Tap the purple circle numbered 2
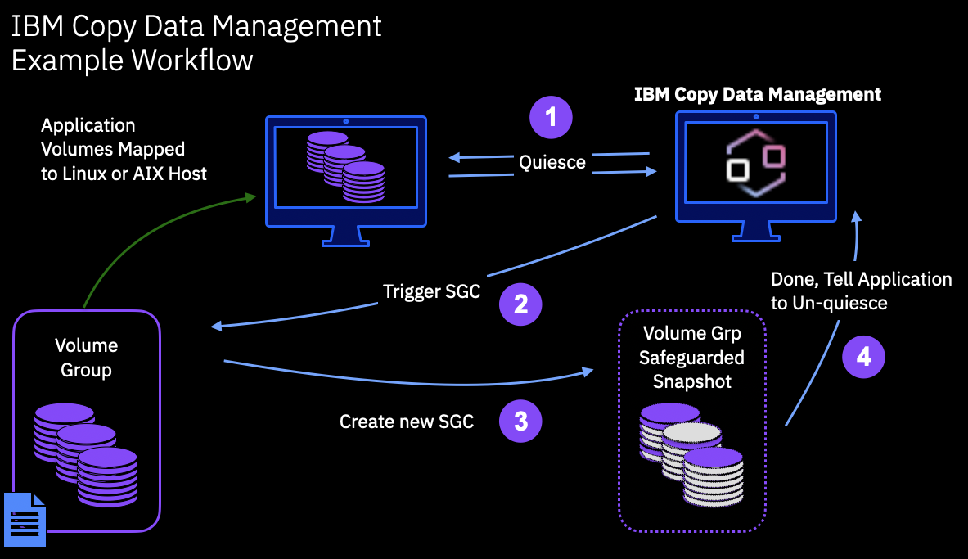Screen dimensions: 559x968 click(x=520, y=304)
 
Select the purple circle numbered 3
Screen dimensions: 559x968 click(x=520, y=422)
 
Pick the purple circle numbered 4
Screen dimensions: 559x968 click(x=863, y=358)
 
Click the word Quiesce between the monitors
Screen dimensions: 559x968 click(x=552, y=162)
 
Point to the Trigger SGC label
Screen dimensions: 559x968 click(x=431, y=291)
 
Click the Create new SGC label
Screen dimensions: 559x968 click(x=407, y=422)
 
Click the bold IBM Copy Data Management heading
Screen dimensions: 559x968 click(x=758, y=94)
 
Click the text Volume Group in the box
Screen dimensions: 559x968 click(x=86, y=358)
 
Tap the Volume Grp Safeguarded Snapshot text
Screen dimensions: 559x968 click(x=691, y=358)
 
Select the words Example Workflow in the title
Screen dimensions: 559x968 click(x=132, y=61)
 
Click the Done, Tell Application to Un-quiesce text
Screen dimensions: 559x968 click(x=861, y=291)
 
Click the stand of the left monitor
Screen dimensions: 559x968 click(x=345, y=236)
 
